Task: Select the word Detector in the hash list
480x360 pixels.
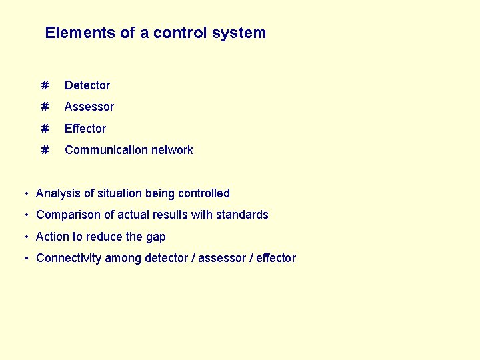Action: tap(87, 85)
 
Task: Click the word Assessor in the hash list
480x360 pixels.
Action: tap(89, 107)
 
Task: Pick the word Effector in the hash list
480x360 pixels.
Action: tap(85, 129)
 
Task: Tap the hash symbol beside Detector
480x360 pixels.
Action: tap(45, 85)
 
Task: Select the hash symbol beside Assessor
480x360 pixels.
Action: tap(45, 107)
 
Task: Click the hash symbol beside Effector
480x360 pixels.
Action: tap(45, 129)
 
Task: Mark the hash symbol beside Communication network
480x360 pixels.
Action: tap(45, 150)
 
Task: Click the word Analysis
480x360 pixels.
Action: tap(58, 193)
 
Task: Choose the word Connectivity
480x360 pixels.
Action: tap(69, 259)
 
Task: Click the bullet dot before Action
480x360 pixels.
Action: tap(25, 237)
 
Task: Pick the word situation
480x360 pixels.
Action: tap(119, 193)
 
